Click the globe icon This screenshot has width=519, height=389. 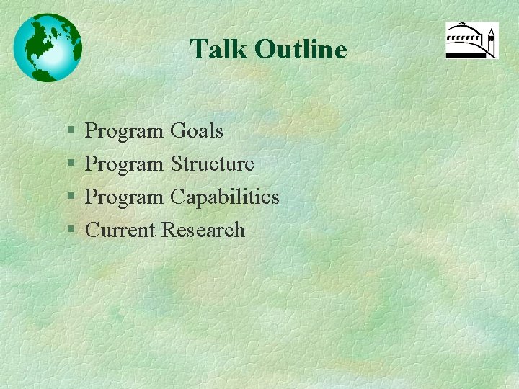point(48,48)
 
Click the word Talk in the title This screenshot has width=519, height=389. point(218,50)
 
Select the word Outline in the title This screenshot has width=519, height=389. point(301,50)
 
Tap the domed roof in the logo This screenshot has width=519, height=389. point(465,32)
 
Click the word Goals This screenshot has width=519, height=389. point(196,131)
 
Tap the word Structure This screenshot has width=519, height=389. point(212,164)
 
